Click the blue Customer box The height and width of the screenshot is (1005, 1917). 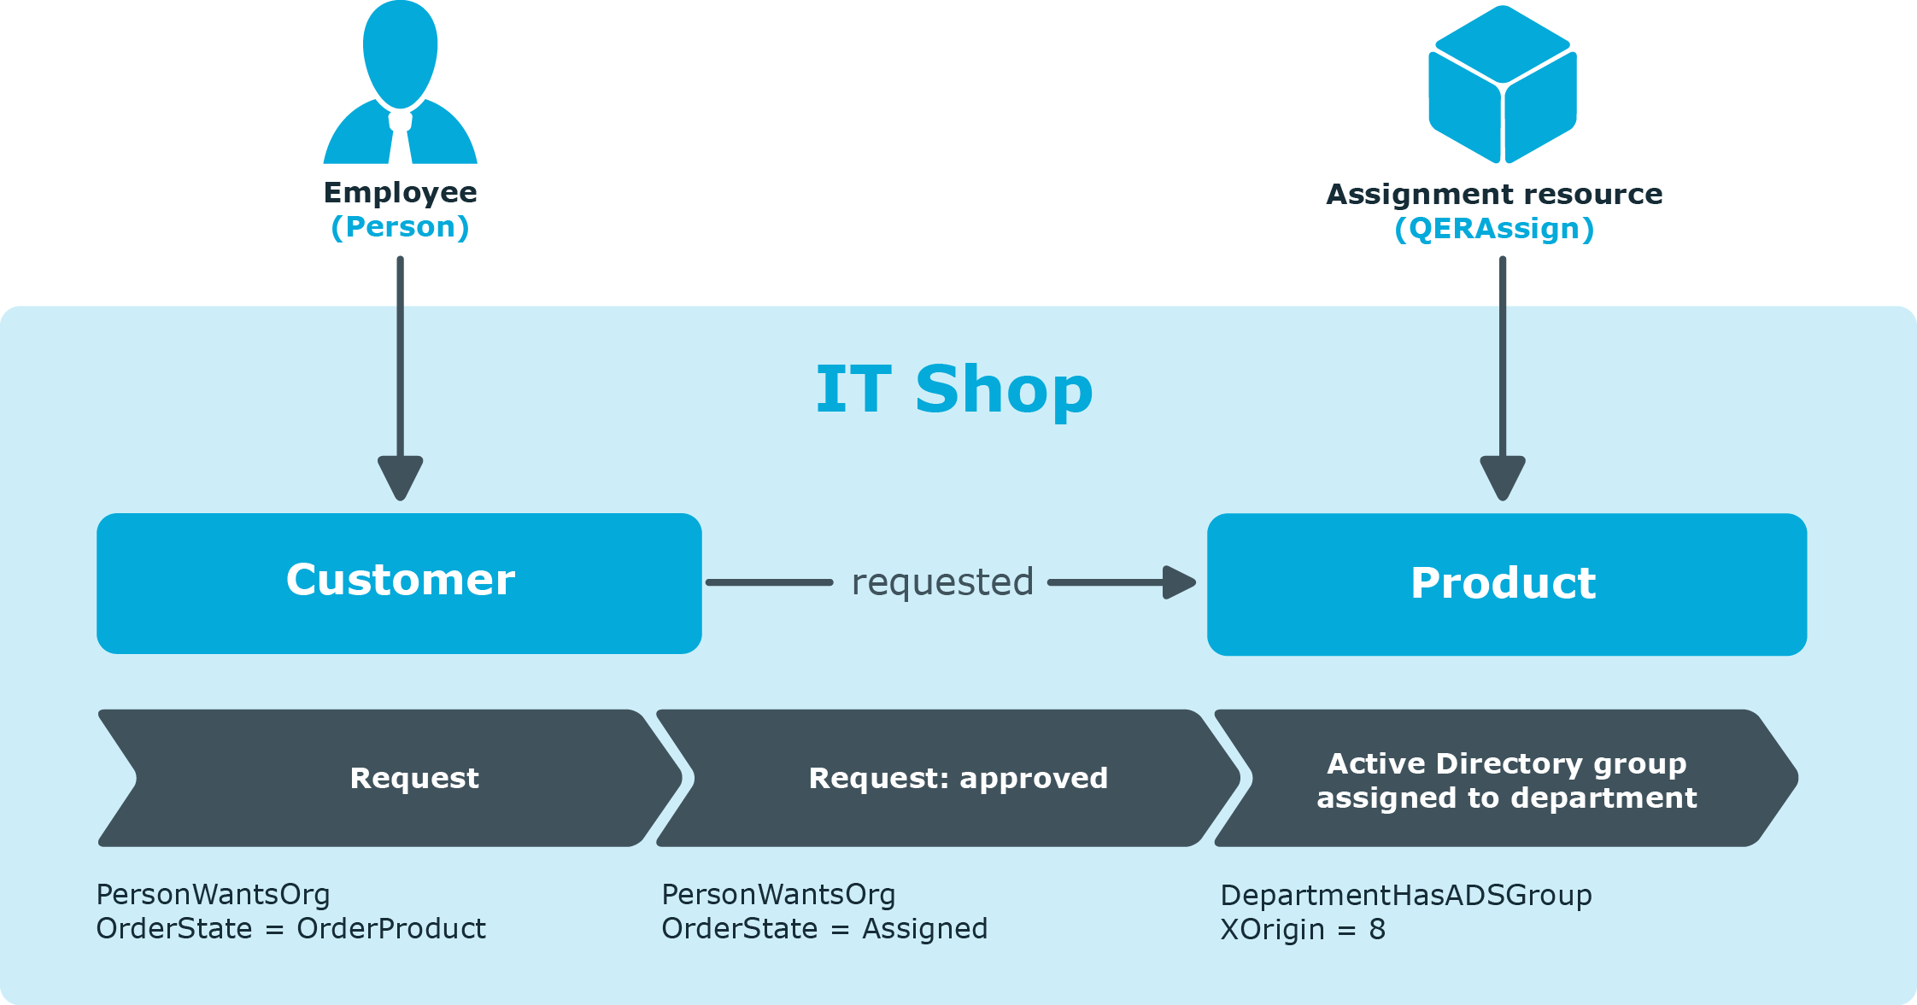point(399,583)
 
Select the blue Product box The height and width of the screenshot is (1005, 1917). point(1507,584)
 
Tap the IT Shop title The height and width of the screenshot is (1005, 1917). point(954,389)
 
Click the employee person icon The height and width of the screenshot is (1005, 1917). point(400,82)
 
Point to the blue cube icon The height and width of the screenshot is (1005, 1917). point(1503,84)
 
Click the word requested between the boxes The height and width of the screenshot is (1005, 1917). point(942,582)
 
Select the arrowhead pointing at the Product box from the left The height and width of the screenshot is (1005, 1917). point(1180,582)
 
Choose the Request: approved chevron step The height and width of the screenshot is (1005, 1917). point(948,778)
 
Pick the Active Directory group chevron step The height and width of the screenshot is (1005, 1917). point(1506,778)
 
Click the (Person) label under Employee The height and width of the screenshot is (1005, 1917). point(400,227)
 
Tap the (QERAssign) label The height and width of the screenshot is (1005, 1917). point(1494,229)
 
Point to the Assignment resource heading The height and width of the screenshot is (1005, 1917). point(1494,195)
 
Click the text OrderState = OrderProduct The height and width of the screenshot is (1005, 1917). point(290,929)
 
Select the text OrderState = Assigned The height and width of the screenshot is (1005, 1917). point(824,929)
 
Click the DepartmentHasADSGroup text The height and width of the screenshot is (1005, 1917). point(1406,896)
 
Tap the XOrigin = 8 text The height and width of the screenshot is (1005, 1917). point(1303,930)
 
